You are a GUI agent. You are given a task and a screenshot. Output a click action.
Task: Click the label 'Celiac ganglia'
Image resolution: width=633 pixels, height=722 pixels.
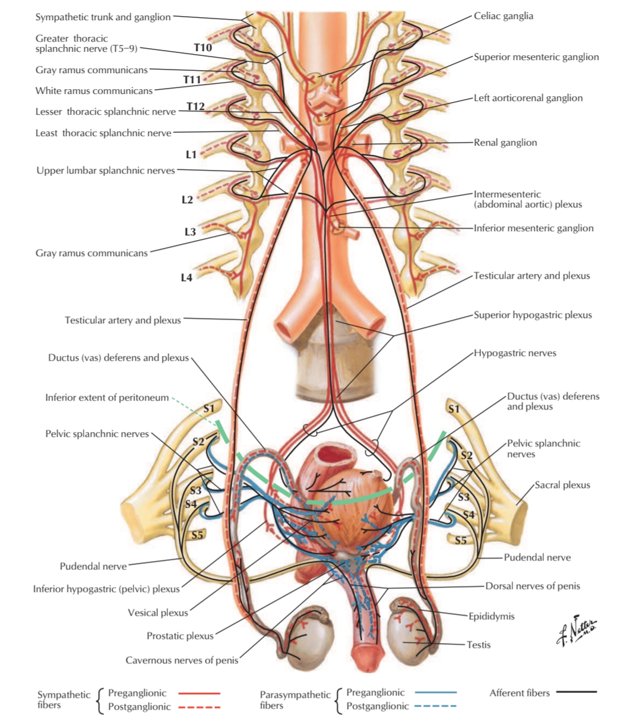point(503,16)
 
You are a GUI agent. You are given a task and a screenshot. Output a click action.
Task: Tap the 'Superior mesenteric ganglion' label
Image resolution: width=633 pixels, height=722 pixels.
point(536,57)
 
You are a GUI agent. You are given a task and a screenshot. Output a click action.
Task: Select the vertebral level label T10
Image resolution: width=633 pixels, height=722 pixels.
point(202,47)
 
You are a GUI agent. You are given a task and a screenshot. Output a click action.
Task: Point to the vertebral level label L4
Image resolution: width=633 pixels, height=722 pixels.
point(186,278)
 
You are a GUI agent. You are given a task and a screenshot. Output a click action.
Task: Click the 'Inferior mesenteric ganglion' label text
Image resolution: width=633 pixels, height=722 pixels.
point(533,228)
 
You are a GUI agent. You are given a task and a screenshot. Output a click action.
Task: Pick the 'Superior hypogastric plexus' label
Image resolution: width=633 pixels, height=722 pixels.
point(533,315)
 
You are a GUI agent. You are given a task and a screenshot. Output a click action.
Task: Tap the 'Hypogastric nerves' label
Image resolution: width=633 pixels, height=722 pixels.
point(515,353)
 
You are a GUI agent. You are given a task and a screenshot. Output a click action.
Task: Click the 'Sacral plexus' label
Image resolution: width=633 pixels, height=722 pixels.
point(562,485)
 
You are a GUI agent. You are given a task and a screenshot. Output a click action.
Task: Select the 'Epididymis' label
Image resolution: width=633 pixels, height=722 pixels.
point(492,616)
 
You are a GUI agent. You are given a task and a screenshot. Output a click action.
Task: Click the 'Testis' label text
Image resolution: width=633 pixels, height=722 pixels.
point(479,645)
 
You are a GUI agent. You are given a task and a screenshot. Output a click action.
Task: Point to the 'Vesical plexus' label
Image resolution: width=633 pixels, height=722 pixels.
point(158,613)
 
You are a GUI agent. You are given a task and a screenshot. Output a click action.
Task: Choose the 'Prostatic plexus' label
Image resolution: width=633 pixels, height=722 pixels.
point(180,636)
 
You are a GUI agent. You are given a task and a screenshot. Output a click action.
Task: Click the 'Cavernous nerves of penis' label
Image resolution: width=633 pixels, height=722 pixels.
point(182,660)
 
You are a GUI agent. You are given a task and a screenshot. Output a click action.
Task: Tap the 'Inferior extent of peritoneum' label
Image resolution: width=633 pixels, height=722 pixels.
point(107,398)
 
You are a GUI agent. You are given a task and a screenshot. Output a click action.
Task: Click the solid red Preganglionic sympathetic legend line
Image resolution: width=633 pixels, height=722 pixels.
point(199,693)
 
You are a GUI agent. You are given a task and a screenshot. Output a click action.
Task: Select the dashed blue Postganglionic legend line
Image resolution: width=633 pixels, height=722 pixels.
point(436,706)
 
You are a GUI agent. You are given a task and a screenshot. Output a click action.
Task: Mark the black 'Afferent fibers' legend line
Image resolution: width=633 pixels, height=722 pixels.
point(576,692)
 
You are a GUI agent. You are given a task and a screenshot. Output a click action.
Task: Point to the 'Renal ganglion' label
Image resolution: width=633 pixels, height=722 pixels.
point(505,143)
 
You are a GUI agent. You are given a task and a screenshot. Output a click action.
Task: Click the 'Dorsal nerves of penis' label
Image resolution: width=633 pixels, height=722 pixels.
point(533,586)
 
